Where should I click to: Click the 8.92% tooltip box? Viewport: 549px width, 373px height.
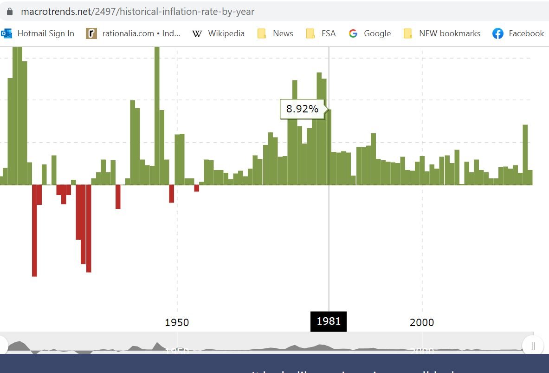coord(302,109)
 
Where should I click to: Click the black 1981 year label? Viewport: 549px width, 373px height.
coord(329,321)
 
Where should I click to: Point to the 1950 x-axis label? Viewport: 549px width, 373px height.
coord(177,322)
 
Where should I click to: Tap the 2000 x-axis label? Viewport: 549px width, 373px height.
coord(422,322)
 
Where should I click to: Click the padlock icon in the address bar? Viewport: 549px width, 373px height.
coord(10,12)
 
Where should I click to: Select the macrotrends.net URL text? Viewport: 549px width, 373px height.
coord(137,12)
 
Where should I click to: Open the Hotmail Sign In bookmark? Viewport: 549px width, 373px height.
coord(45,33)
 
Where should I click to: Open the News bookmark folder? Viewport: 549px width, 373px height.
coord(283,33)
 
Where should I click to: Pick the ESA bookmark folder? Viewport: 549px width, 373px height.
coord(328,33)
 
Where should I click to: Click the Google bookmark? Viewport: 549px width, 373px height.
coord(377,33)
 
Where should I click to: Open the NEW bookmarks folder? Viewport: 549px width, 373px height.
coord(449,33)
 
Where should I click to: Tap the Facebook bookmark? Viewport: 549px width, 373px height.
coord(526,33)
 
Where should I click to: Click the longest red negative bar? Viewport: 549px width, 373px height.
coord(34,230)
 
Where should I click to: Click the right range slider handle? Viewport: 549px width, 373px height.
coord(533,346)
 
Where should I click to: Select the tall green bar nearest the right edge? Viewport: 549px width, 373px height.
coord(525,155)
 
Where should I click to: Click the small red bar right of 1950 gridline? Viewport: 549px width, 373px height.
coord(197,188)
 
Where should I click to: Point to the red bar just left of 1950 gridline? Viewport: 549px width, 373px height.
coord(172,194)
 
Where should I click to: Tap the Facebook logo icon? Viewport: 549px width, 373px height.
coord(498,33)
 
